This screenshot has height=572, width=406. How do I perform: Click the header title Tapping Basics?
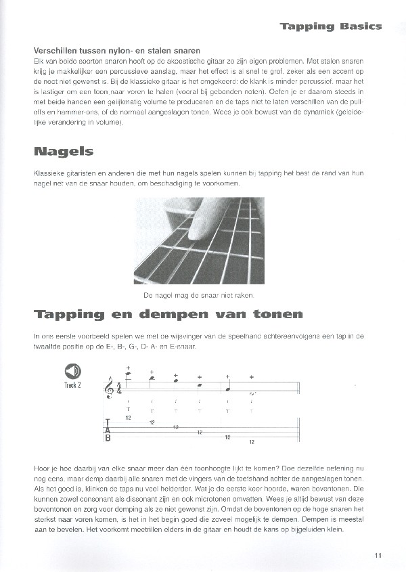(331, 26)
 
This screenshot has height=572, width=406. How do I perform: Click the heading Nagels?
(63, 151)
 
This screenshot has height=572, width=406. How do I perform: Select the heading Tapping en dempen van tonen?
(168, 314)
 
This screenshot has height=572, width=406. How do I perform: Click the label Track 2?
(72, 385)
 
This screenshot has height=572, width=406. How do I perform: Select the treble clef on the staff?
(110, 388)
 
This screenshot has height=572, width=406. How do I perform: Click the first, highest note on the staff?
(128, 374)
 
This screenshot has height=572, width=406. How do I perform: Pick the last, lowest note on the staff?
(252, 393)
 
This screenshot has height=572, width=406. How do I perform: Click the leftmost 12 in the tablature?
(128, 418)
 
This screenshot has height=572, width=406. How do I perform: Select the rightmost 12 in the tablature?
(252, 441)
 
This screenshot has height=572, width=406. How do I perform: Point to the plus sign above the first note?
(128, 366)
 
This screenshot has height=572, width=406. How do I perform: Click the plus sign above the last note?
(252, 376)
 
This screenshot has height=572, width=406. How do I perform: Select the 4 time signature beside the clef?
(120, 389)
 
